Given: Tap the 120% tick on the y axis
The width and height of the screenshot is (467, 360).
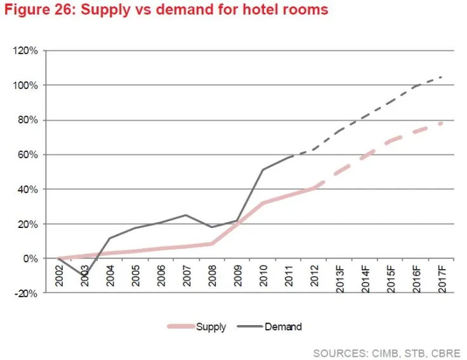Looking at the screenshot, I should [x=27, y=50].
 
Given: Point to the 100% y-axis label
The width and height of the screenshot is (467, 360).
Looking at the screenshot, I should [x=27, y=85].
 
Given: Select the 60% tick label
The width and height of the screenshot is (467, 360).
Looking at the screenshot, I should [x=29, y=154].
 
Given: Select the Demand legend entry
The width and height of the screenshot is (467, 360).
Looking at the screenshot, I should [x=283, y=327].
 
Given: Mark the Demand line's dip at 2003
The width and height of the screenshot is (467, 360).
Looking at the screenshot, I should [x=84, y=275].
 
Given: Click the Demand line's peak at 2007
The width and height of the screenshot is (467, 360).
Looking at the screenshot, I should [x=185, y=215].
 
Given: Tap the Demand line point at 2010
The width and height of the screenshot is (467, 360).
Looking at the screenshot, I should [x=263, y=170].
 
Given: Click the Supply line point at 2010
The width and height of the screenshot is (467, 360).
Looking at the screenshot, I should [x=263, y=203].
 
